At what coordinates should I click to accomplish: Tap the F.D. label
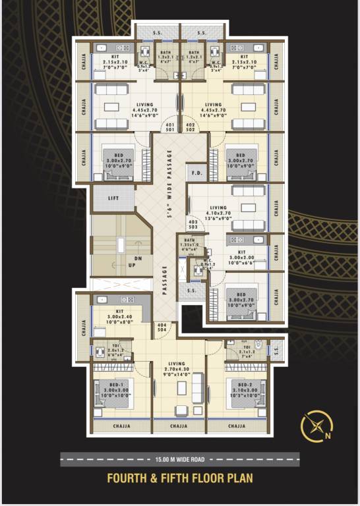click(196, 173)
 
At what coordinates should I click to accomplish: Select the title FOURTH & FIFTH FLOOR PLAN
click(179, 478)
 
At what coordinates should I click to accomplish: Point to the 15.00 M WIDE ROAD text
click(179, 459)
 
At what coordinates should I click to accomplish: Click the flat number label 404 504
click(161, 328)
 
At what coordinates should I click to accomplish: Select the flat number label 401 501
click(170, 128)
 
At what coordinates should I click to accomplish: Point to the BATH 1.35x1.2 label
click(190, 243)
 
